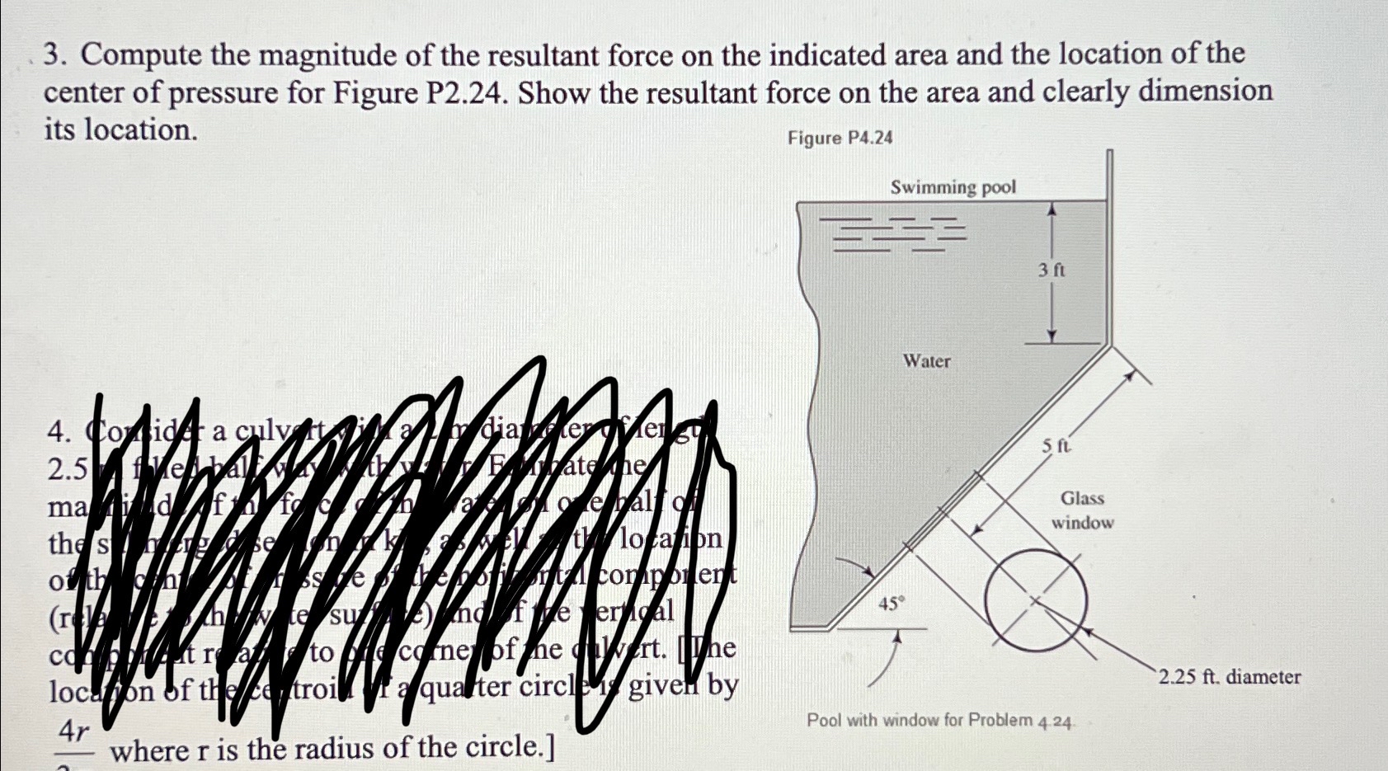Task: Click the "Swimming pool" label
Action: coord(953,187)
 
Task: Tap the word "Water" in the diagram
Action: coord(926,361)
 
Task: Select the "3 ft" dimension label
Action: coord(1052,270)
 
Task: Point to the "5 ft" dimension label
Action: coord(1055,446)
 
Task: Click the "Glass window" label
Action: coord(1082,510)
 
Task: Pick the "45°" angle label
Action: coord(891,604)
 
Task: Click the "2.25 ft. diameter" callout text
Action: coord(1229,677)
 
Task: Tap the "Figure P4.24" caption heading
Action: coord(840,138)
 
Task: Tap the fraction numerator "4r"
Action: coord(73,731)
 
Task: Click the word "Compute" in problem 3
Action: coord(141,56)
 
